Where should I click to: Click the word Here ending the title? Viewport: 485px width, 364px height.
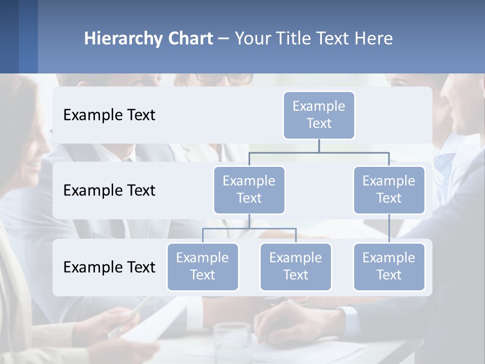(374, 39)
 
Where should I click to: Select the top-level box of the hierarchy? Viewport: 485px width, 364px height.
(319, 115)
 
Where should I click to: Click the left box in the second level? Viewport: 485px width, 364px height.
(249, 190)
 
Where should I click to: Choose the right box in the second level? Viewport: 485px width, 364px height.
(389, 190)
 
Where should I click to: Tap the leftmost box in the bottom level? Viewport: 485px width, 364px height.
(203, 266)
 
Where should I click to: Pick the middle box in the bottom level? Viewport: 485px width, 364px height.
(296, 266)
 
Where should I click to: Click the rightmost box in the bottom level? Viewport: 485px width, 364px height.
(389, 266)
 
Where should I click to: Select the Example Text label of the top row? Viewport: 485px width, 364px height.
(109, 115)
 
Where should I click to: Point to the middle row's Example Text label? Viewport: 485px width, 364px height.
(109, 190)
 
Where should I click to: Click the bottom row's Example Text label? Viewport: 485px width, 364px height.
(109, 267)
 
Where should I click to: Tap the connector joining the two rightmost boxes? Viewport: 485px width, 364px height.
(389, 229)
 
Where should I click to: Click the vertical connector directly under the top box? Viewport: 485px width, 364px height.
(319, 146)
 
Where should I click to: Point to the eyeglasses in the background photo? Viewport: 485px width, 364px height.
(225, 79)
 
